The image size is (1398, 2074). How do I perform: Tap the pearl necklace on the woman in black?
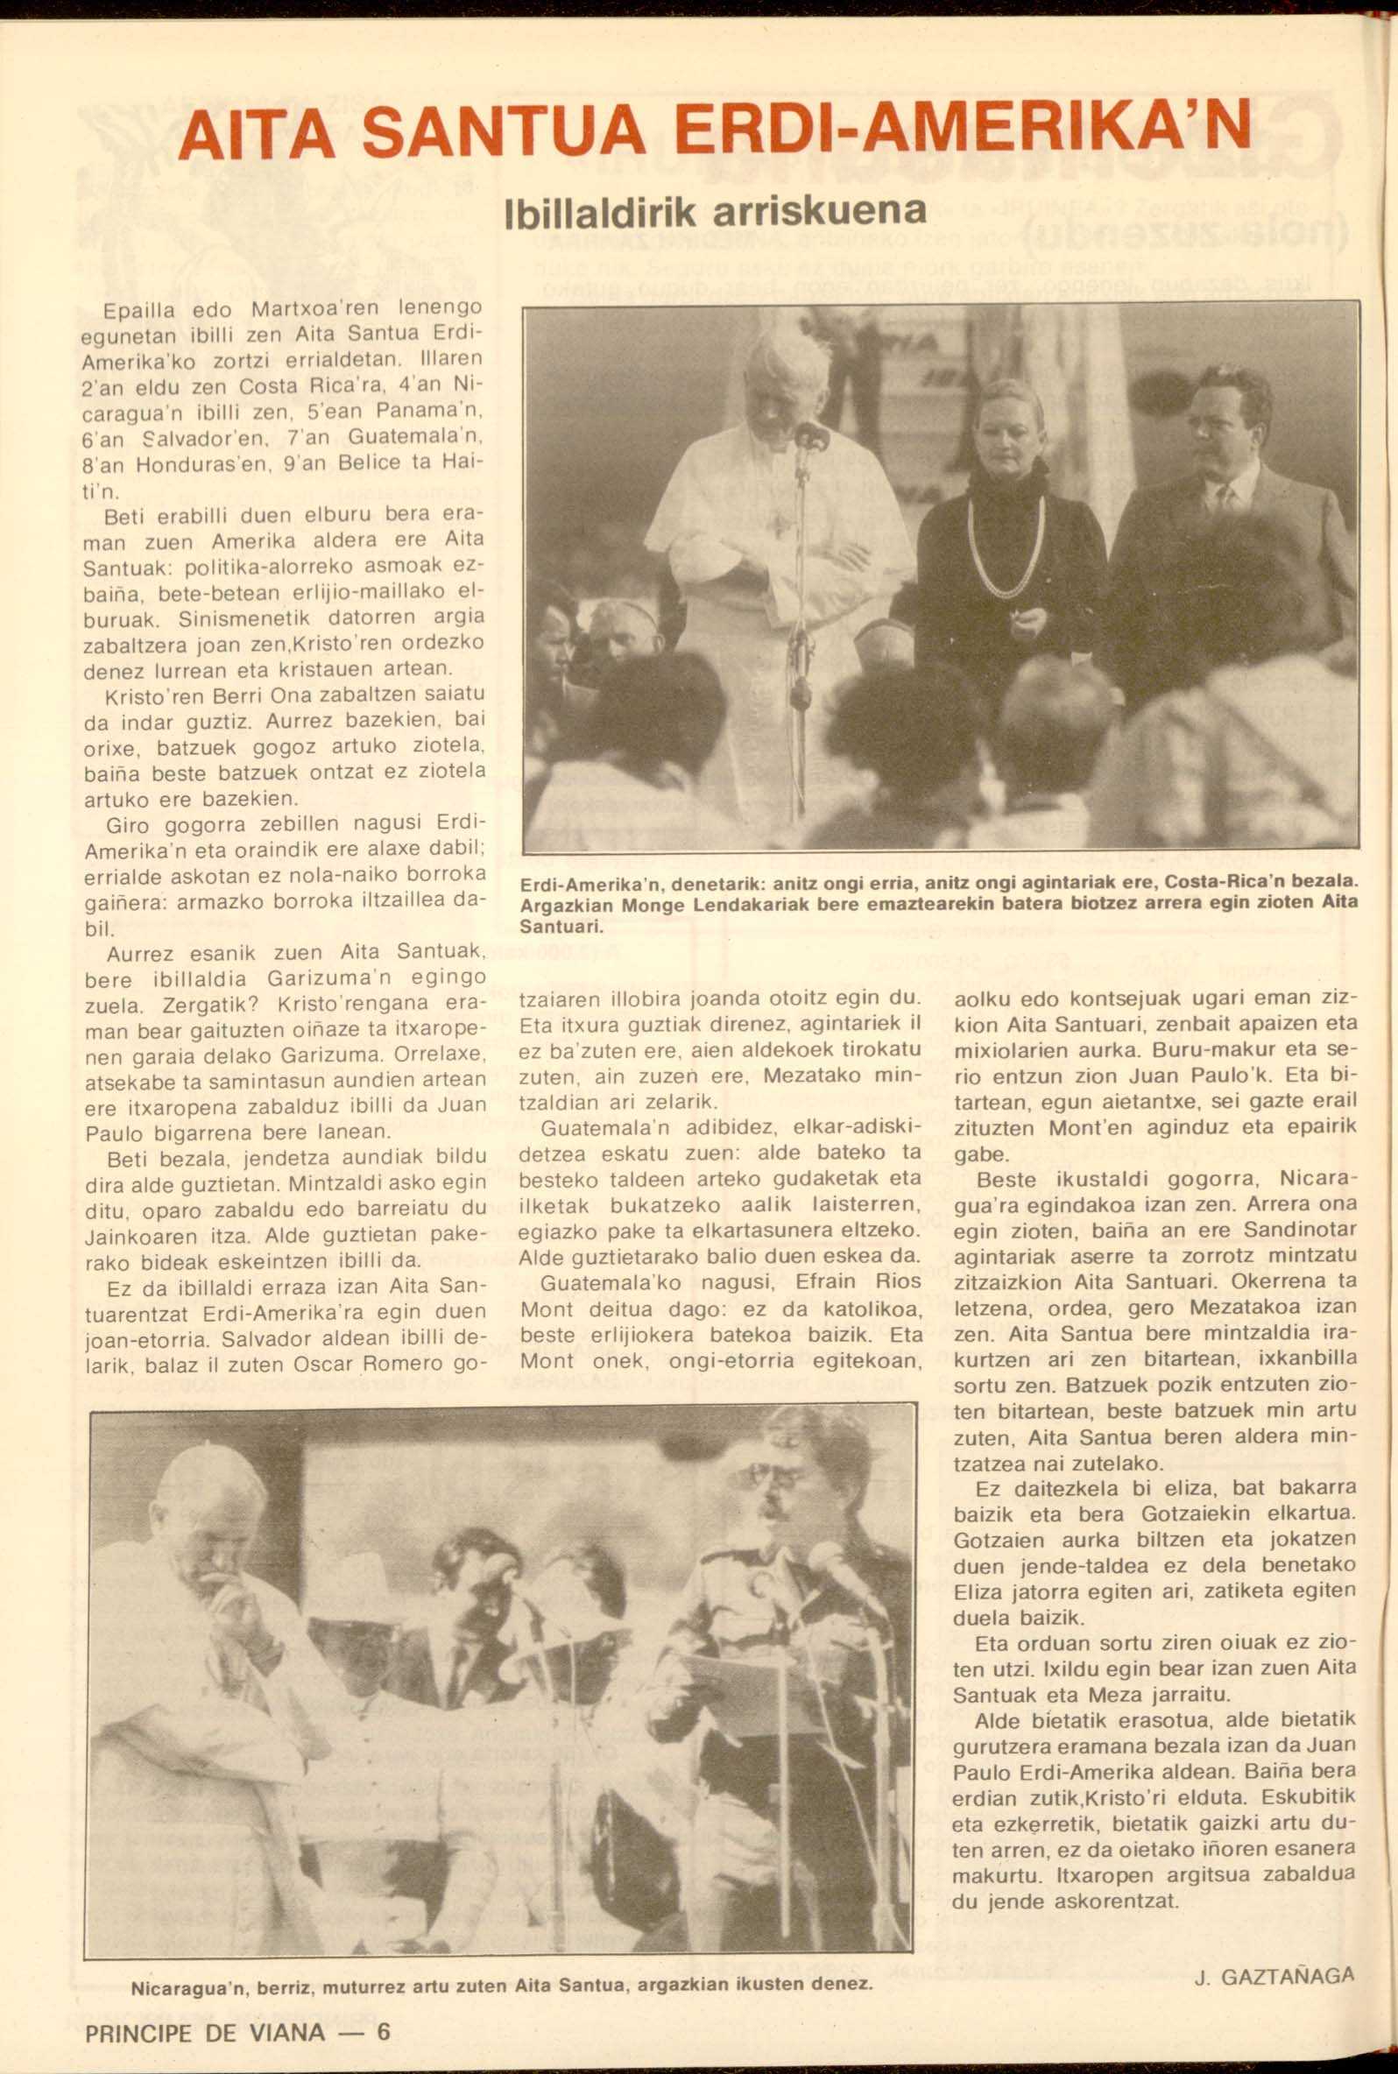1006,553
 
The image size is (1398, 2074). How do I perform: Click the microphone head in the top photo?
811,437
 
